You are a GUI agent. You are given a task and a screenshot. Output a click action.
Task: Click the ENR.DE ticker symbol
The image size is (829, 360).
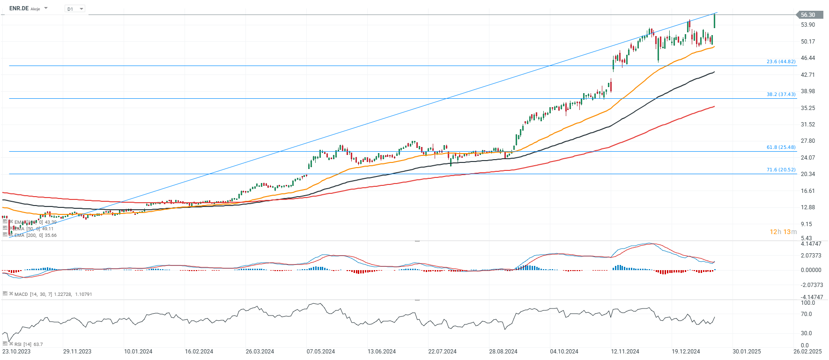(x=19, y=8)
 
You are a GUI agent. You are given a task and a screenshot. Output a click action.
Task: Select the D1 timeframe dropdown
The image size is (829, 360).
(x=74, y=9)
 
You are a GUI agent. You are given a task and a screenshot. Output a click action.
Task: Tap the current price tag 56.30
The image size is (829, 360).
(x=809, y=15)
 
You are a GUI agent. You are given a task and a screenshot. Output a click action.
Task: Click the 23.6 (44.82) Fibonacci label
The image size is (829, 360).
(x=781, y=61)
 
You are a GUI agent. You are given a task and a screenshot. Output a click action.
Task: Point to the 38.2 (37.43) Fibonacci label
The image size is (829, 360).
(x=781, y=94)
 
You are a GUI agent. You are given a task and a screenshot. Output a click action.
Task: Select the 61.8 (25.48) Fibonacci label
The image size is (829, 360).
(x=781, y=147)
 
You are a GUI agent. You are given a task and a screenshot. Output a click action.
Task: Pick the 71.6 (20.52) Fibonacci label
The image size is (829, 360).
(x=781, y=169)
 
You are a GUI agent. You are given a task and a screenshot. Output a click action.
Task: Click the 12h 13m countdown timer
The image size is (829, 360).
(x=783, y=232)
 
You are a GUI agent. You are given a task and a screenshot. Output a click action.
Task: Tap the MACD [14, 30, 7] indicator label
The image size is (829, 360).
(x=33, y=294)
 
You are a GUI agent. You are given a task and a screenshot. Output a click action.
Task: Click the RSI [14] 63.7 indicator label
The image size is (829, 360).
(x=28, y=344)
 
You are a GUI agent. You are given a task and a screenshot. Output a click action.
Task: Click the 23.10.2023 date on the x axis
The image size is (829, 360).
(x=16, y=352)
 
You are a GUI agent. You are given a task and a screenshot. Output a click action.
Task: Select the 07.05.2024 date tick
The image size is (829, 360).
(x=321, y=352)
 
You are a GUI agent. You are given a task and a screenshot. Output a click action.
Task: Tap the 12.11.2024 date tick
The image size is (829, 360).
(x=625, y=352)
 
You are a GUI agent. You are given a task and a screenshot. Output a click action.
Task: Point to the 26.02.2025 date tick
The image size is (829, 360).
(x=807, y=352)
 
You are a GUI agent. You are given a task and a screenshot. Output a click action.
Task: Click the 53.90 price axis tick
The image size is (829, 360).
(x=808, y=25)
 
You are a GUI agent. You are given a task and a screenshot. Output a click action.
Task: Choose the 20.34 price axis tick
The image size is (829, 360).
(x=808, y=174)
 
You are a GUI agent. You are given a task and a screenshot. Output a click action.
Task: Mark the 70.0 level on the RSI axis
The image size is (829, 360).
(x=807, y=314)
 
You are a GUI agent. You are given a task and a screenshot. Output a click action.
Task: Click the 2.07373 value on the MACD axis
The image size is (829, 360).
(x=811, y=256)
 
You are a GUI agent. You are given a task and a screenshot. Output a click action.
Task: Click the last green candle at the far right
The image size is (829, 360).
(x=714, y=21)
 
